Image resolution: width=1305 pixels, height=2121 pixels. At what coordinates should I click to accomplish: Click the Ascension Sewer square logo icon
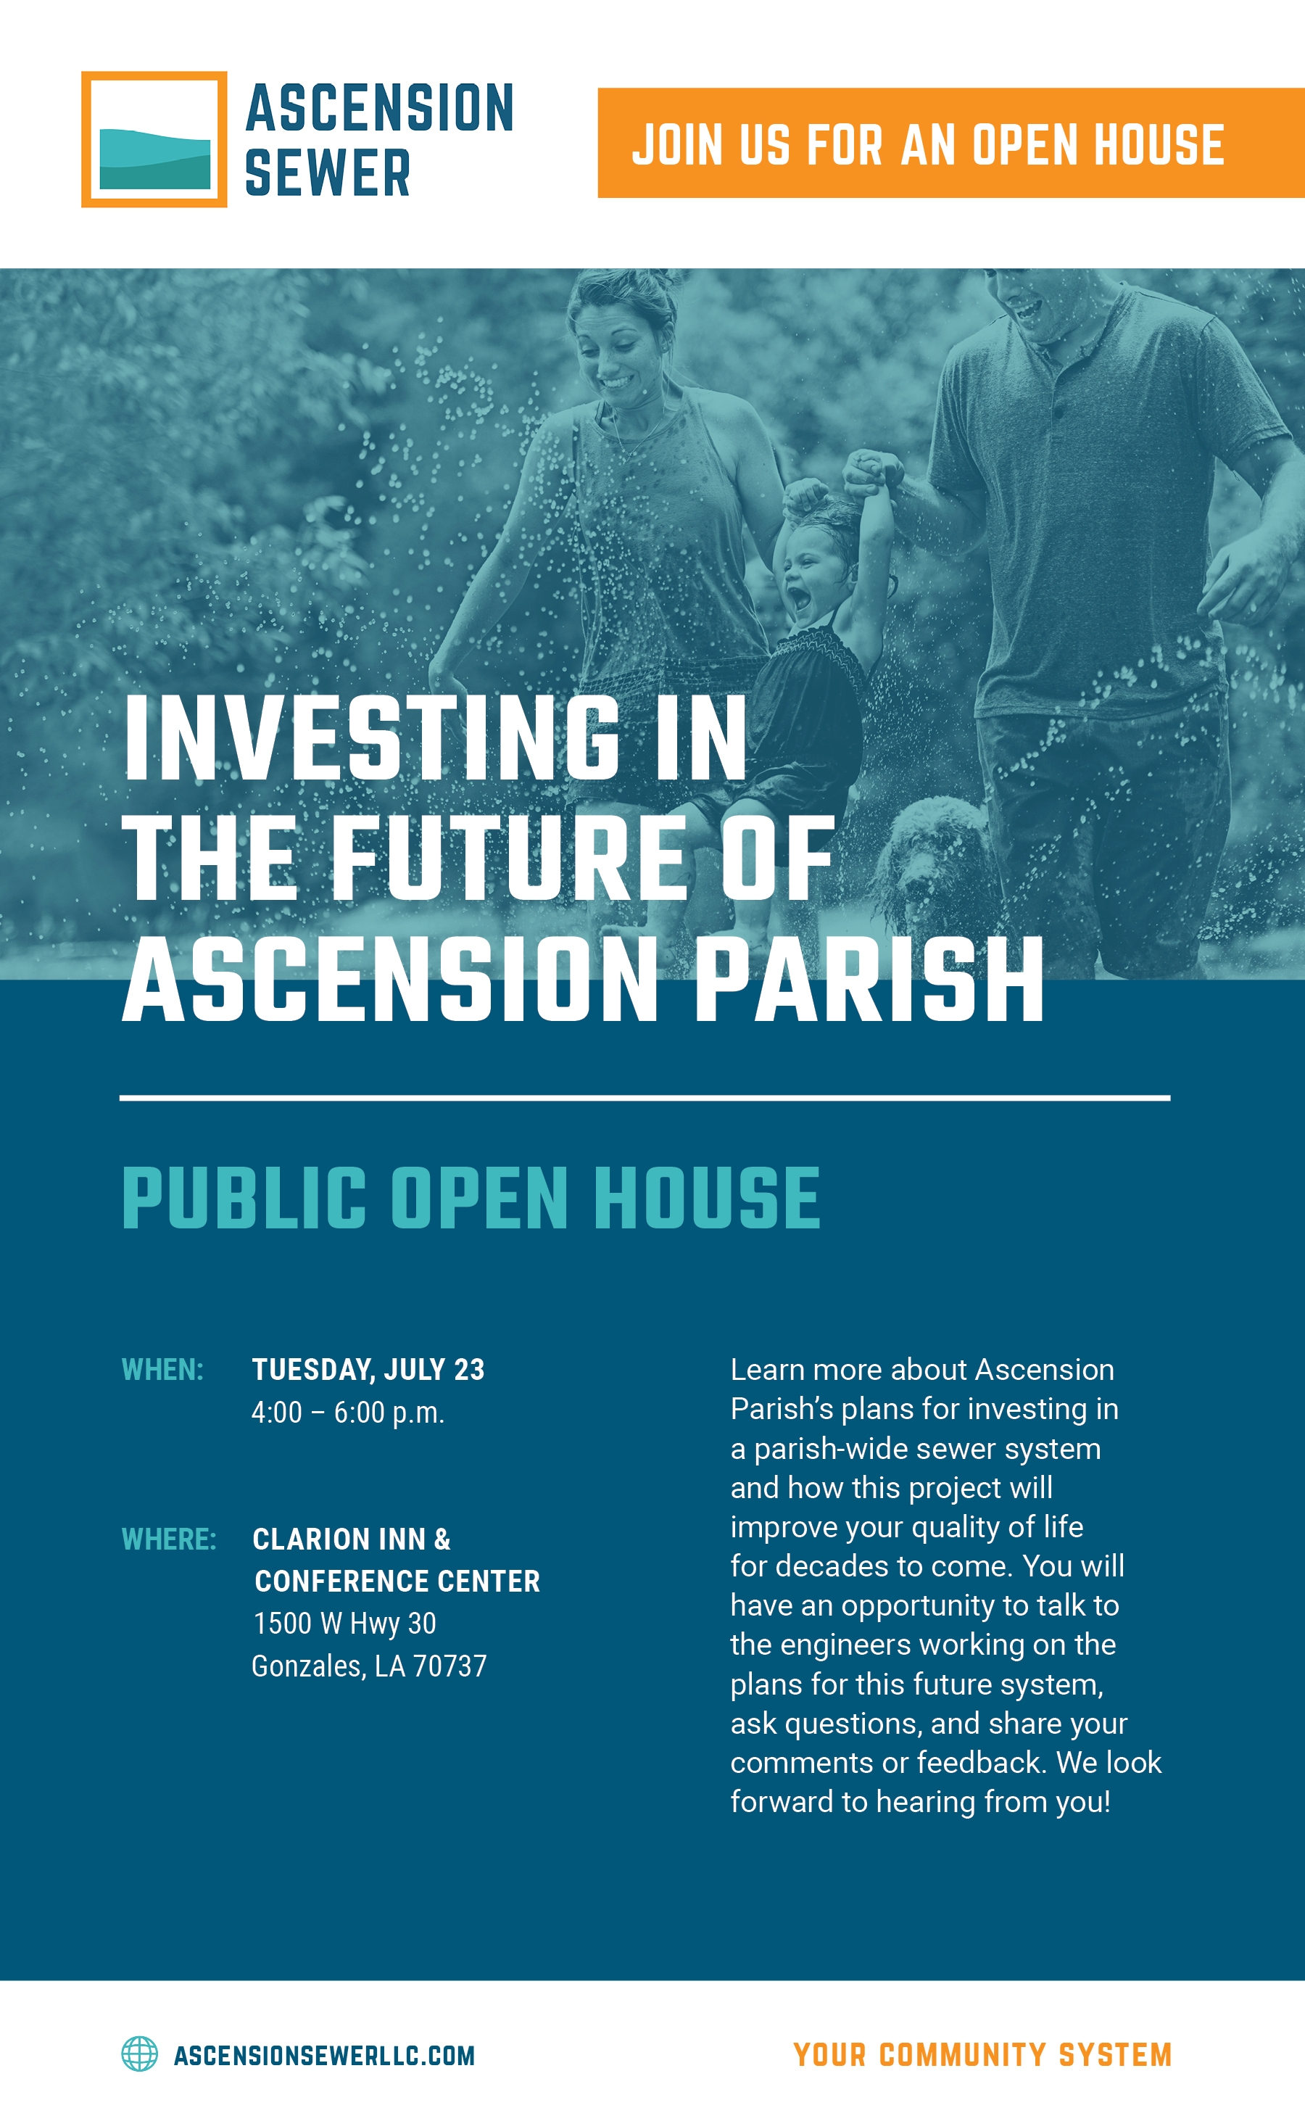[x=154, y=139]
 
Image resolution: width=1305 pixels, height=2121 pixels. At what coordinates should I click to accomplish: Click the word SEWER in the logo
[x=327, y=173]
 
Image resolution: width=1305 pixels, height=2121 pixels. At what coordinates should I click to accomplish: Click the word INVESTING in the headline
[x=372, y=738]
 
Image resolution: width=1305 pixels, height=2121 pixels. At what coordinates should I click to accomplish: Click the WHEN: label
[x=162, y=1369]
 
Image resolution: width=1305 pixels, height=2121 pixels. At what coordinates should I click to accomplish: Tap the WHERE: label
[x=168, y=1539]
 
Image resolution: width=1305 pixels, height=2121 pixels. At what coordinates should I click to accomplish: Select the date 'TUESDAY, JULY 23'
[x=368, y=1370]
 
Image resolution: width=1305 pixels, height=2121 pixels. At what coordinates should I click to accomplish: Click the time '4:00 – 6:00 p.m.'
[x=348, y=1413]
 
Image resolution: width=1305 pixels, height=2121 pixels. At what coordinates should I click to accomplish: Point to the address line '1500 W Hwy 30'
[x=344, y=1623]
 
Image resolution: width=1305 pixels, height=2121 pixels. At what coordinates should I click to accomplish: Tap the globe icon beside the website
[x=139, y=2054]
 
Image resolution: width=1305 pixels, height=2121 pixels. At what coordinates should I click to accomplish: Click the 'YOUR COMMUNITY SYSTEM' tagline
[x=982, y=2054]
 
